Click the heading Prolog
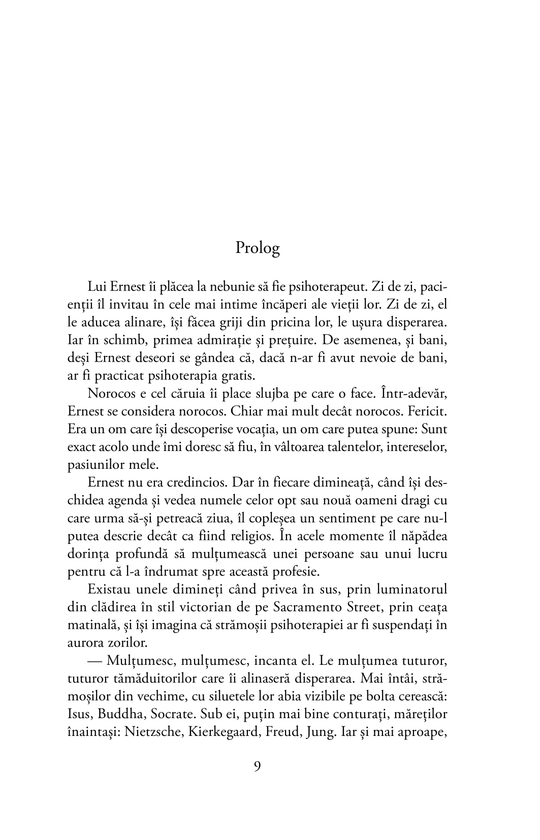[258, 248]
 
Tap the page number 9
[257, 766]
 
